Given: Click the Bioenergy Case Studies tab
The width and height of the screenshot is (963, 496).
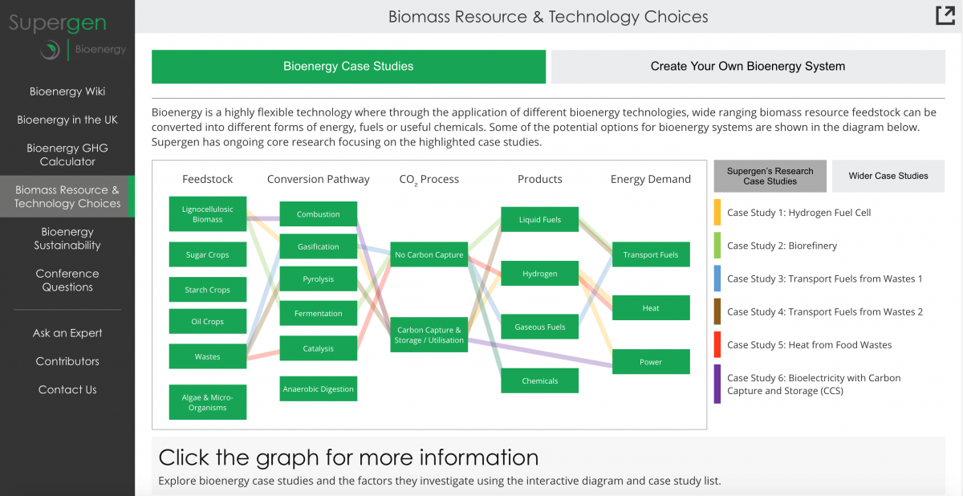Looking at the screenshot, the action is [x=348, y=66].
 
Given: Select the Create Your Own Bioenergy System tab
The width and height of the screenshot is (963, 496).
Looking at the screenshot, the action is [x=748, y=66].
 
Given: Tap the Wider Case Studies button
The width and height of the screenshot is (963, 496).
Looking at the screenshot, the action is [x=888, y=176].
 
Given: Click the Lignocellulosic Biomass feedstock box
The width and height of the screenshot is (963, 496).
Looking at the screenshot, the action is [x=208, y=214].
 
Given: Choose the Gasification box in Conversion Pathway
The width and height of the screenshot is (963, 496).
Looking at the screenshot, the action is [x=318, y=246].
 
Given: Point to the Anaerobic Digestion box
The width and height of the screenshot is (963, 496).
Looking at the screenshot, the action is [x=318, y=389].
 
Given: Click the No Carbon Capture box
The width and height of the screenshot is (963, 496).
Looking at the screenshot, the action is [x=429, y=254].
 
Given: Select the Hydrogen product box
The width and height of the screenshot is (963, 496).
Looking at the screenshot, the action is [x=539, y=274].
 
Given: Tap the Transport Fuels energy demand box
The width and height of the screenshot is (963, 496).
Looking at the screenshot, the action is [x=651, y=254].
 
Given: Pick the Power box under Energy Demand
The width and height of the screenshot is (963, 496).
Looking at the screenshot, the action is [x=651, y=361].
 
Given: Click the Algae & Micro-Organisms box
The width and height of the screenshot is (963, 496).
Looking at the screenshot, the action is [x=208, y=402].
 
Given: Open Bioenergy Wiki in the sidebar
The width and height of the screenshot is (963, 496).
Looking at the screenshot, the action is [x=67, y=91].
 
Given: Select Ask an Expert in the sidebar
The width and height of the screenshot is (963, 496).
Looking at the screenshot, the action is [x=67, y=333].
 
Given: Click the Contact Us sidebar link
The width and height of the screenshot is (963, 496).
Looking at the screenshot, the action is [x=67, y=389].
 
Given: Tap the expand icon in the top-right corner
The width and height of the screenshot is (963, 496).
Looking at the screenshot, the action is [x=945, y=16].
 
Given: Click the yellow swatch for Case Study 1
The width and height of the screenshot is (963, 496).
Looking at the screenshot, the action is [x=717, y=213].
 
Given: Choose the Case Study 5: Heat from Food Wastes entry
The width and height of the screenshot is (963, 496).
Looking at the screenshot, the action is [x=809, y=344].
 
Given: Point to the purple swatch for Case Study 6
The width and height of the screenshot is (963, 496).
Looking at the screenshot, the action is [x=717, y=384].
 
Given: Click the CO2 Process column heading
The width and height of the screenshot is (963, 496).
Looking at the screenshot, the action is [x=429, y=179].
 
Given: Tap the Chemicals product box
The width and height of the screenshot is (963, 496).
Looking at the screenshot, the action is [x=539, y=380].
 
